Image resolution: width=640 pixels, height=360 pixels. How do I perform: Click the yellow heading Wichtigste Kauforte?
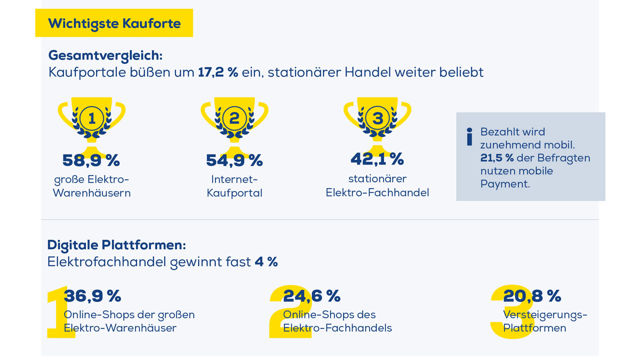pyautogui.click(x=114, y=23)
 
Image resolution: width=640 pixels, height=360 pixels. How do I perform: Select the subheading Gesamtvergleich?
pyautogui.click(x=105, y=55)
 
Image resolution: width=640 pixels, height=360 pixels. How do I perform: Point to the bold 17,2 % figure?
pyautogui.click(x=218, y=72)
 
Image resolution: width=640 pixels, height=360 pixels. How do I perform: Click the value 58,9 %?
pyautogui.click(x=91, y=160)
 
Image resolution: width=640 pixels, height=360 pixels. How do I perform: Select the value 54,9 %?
pyautogui.click(x=234, y=160)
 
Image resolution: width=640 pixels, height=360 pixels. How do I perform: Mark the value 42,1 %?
pyautogui.click(x=377, y=159)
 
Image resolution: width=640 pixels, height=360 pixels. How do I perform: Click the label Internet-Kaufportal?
pyautogui.click(x=234, y=186)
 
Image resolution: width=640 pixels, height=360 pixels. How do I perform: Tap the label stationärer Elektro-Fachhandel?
pyautogui.click(x=377, y=185)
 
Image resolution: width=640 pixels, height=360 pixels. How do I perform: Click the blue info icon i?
pyautogui.click(x=469, y=136)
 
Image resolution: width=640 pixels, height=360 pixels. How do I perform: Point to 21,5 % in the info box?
pyautogui.click(x=496, y=158)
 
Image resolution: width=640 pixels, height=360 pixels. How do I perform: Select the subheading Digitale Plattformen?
pyautogui.click(x=116, y=245)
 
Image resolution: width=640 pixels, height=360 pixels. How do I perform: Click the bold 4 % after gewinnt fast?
pyautogui.click(x=266, y=261)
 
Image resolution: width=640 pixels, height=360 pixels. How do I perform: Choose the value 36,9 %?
pyautogui.click(x=92, y=296)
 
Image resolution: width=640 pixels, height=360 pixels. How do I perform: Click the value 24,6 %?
pyautogui.click(x=311, y=296)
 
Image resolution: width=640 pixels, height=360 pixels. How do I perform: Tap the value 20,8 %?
pyautogui.click(x=532, y=296)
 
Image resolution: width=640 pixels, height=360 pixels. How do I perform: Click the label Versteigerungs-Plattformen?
pyautogui.click(x=544, y=321)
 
